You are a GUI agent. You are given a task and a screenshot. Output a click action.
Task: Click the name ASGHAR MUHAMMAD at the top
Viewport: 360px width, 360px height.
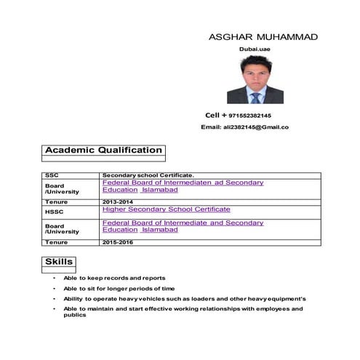263,36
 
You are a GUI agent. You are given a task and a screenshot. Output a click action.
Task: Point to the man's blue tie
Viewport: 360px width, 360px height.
255,97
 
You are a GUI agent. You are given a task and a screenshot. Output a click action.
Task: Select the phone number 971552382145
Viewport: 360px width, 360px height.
249,116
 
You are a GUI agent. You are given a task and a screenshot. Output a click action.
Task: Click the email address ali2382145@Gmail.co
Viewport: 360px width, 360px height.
255,127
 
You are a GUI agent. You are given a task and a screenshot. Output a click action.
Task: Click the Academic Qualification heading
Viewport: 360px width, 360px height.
103,151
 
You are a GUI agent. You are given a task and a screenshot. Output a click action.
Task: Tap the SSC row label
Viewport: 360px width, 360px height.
52,175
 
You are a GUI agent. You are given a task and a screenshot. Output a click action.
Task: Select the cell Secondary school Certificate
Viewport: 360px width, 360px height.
148,175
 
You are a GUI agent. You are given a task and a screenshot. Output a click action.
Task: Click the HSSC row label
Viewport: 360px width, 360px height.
55,210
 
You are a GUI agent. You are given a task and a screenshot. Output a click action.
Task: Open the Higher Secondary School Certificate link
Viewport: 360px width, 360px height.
167,209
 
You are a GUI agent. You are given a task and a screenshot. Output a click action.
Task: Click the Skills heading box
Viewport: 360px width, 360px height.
58,261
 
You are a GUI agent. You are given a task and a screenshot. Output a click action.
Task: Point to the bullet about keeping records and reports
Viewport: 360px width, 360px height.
114,278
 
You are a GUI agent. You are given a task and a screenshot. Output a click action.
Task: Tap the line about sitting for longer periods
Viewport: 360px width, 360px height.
119,289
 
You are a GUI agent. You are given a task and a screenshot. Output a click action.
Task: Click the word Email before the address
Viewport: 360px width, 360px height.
211,127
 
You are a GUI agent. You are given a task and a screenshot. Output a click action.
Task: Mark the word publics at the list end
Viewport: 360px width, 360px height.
75,316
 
